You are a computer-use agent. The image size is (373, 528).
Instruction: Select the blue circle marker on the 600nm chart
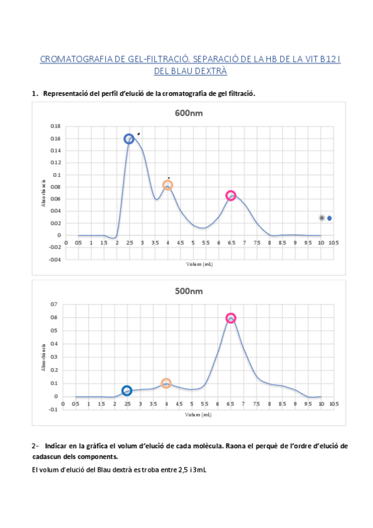point(129,139)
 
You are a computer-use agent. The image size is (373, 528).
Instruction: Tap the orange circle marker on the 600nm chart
point(168,185)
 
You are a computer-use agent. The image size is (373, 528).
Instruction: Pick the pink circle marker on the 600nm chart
point(231,196)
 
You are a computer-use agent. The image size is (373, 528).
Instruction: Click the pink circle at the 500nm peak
point(231,318)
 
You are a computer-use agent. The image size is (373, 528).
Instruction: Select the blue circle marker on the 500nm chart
point(127,390)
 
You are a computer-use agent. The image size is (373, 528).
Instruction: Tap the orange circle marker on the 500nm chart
point(166,384)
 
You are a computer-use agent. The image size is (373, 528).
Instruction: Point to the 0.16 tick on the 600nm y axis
point(55,138)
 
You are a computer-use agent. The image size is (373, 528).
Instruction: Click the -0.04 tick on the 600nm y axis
point(54,260)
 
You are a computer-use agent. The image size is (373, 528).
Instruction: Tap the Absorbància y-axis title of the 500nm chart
point(44,357)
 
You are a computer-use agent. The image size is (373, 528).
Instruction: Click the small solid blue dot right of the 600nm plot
point(329,218)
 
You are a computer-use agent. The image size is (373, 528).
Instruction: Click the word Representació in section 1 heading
point(65,93)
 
